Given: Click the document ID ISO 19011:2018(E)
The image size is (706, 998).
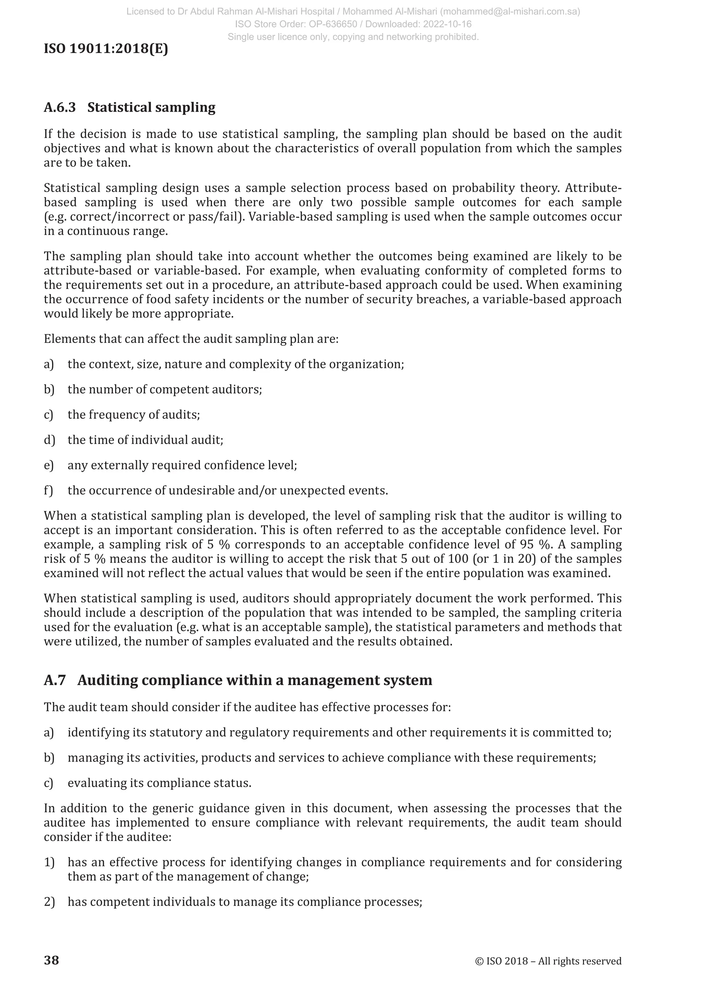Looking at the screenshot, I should click(105, 49).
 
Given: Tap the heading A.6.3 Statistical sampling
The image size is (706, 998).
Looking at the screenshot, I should click(130, 108).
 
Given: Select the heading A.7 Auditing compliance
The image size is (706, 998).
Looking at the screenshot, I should click(238, 680).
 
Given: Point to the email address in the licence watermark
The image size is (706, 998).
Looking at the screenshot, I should click(513, 12).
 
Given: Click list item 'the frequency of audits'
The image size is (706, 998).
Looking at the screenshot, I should click(133, 415).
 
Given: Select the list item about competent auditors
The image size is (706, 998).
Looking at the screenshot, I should click(165, 389).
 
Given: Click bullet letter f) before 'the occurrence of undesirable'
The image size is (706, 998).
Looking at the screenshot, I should click(48, 491).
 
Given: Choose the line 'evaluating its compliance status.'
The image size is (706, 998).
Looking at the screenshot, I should click(159, 783).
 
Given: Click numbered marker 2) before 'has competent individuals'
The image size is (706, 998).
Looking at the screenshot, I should click(49, 902).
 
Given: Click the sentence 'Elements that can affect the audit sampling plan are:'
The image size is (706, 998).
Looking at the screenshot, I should click(191, 339).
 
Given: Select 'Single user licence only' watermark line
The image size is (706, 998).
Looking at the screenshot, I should click(353, 37).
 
